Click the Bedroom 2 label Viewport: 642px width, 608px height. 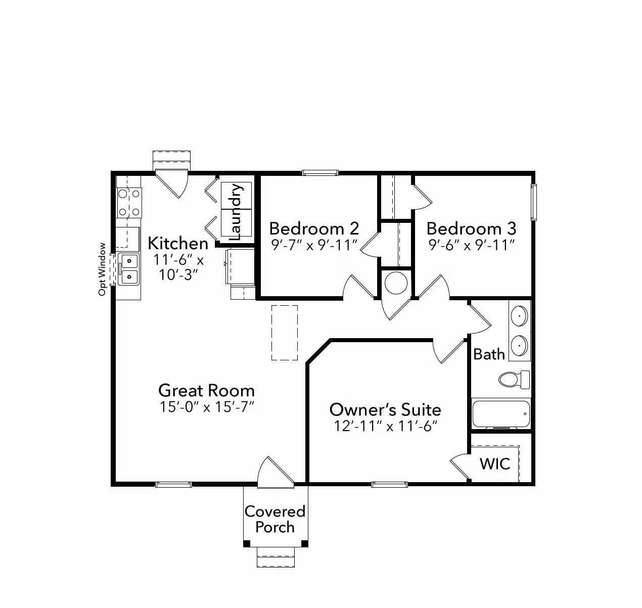tap(314, 228)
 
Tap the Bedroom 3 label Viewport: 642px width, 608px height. tap(471, 228)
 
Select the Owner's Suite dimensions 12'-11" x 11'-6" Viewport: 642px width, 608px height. tap(385, 426)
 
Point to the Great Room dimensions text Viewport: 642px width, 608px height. tap(207, 407)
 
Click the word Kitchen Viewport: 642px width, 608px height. tap(178, 243)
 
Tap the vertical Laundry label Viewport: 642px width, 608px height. tap(236, 212)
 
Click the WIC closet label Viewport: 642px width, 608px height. tap(495, 463)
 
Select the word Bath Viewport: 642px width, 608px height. tap(489, 354)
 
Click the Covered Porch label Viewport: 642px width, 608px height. tap(275, 519)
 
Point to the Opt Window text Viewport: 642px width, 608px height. tap(102, 269)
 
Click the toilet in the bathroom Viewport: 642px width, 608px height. tap(514, 380)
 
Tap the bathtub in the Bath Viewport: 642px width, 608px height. tap(501, 414)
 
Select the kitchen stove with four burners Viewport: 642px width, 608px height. tap(129, 203)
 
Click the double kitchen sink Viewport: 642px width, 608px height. tap(128, 269)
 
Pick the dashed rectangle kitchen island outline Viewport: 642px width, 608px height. tap(285, 333)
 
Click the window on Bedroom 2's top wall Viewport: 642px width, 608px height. tap(320, 173)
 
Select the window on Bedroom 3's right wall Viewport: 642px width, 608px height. tap(534, 202)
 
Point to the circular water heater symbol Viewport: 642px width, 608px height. tap(396, 283)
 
